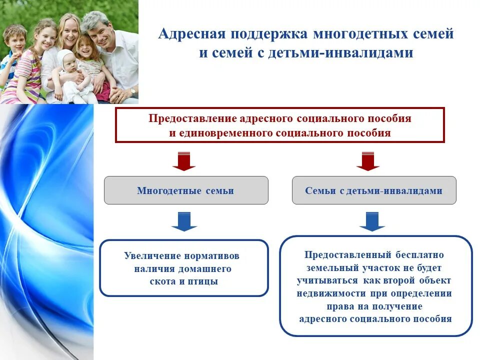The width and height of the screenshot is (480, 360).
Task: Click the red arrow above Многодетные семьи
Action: (184, 161)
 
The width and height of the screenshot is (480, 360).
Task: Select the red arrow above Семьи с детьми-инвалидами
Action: (367, 161)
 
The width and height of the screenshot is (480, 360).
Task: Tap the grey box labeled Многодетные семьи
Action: (186, 190)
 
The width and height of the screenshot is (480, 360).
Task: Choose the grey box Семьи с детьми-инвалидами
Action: (374, 190)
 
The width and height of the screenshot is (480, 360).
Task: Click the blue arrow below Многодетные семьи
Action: (184, 221)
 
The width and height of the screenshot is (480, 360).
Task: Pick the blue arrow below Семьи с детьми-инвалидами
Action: (372, 221)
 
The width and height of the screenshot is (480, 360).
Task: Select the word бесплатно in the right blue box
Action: (426, 254)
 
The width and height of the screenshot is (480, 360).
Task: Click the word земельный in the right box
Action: (328, 267)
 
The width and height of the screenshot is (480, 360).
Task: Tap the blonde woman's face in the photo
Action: (67, 31)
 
